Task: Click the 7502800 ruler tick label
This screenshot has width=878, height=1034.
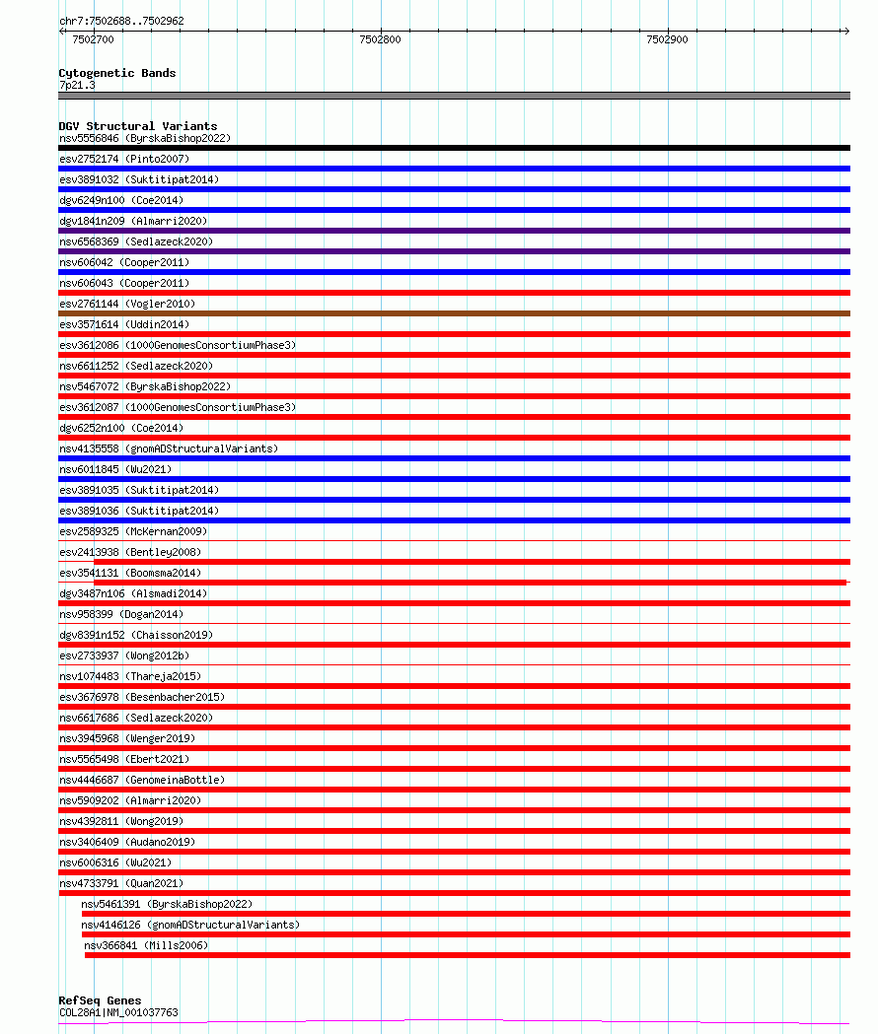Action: [x=380, y=39]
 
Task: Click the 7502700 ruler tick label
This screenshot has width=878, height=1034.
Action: [x=93, y=39]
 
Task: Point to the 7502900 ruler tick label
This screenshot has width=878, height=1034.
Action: [x=667, y=39]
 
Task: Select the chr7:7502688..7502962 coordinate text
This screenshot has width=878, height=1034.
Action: [x=121, y=21]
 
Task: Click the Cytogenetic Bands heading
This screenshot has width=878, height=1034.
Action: [x=116, y=73]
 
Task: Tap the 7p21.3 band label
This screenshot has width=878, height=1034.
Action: [x=77, y=86]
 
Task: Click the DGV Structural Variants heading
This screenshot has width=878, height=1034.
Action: [x=137, y=126]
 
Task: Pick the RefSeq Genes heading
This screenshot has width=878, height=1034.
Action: [x=100, y=1000]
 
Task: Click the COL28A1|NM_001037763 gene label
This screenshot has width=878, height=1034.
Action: [x=118, y=1012]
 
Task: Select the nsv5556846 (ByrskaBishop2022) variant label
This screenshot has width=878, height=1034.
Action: [x=144, y=138]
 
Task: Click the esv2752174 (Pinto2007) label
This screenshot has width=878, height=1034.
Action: [x=124, y=159]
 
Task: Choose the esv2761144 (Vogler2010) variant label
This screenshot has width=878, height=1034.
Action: [x=127, y=304]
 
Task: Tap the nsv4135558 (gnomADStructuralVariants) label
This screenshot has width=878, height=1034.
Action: [x=169, y=448]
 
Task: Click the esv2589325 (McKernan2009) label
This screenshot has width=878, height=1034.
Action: [x=133, y=531]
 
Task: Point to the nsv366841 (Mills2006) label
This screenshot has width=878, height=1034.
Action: [x=147, y=945]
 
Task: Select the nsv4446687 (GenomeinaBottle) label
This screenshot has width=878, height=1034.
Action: [x=142, y=780]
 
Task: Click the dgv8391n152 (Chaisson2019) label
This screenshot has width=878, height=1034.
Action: [x=136, y=635]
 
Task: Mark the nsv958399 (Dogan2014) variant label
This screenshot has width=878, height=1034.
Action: [x=121, y=614]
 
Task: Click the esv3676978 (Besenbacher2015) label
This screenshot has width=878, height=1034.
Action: [x=142, y=697]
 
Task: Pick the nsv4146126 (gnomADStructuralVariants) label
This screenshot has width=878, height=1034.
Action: [x=190, y=925]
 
